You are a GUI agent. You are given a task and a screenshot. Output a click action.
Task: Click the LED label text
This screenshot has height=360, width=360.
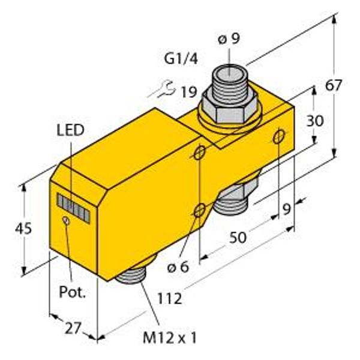[x=70, y=130]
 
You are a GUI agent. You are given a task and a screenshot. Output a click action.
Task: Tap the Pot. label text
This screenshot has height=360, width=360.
[x=73, y=292]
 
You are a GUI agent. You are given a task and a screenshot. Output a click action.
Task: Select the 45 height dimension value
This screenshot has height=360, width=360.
[x=23, y=229]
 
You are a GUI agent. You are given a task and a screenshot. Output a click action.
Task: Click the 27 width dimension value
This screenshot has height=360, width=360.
[x=73, y=328]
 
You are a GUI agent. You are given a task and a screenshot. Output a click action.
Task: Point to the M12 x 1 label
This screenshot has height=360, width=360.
[x=170, y=338]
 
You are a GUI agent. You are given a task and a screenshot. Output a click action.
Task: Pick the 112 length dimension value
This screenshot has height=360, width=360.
[x=169, y=299]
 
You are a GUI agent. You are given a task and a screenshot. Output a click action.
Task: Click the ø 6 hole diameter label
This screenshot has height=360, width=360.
[x=178, y=266]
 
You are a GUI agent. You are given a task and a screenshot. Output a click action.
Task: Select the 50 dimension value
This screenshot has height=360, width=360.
[x=238, y=238]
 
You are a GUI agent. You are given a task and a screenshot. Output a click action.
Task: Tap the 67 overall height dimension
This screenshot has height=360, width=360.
[x=334, y=85]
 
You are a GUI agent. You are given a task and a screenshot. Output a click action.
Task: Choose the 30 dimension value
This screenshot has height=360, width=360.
[x=315, y=121]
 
